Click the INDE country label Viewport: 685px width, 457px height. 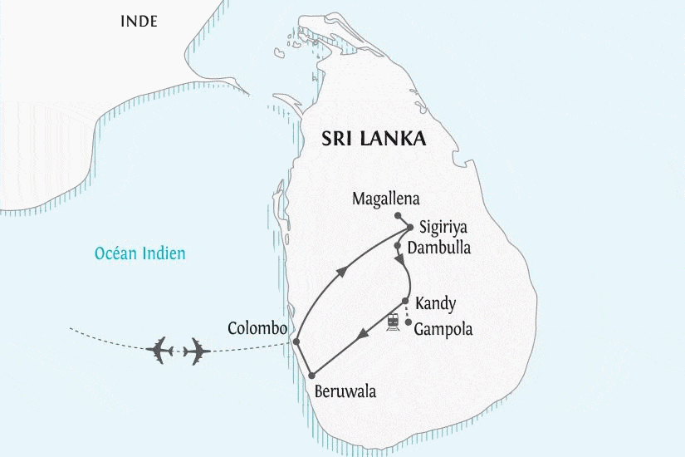click(x=139, y=21)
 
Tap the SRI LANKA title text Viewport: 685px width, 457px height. click(x=374, y=139)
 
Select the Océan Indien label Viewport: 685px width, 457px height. click(x=139, y=253)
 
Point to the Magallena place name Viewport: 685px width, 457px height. click(x=386, y=199)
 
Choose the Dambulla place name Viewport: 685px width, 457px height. click(x=439, y=248)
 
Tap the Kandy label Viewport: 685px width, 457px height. click(x=435, y=303)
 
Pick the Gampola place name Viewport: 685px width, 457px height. click(x=443, y=329)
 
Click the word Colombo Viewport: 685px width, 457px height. click(x=257, y=328)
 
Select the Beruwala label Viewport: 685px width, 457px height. click(x=345, y=391)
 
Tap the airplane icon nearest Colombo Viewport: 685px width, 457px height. click(x=196, y=351)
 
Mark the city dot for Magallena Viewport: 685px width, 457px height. click(x=374, y=214)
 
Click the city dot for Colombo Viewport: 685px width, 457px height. click(x=296, y=342)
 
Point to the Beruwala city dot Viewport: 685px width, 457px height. click(x=314, y=376)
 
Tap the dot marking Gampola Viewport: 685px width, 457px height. click(x=409, y=322)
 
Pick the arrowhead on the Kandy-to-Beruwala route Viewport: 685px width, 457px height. click(x=361, y=337)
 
